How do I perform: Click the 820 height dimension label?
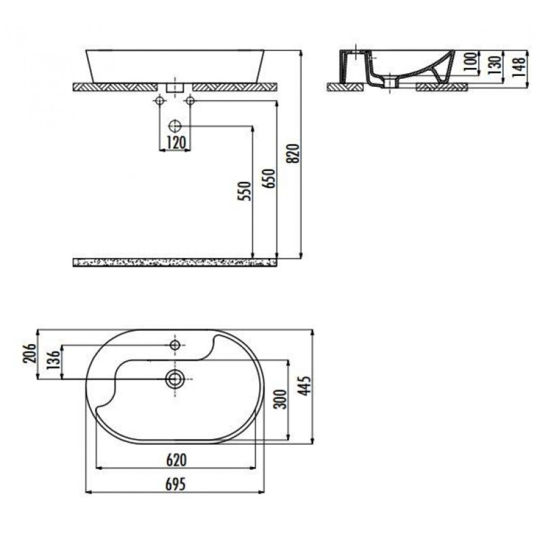(294, 153)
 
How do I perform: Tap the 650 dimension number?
(269, 178)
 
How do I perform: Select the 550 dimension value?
(244, 191)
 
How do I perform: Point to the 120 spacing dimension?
(176, 143)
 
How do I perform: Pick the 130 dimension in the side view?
(495, 65)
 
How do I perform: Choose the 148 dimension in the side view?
(520, 67)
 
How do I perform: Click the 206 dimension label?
(30, 353)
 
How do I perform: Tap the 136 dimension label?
(54, 360)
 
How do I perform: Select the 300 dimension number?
(281, 399)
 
